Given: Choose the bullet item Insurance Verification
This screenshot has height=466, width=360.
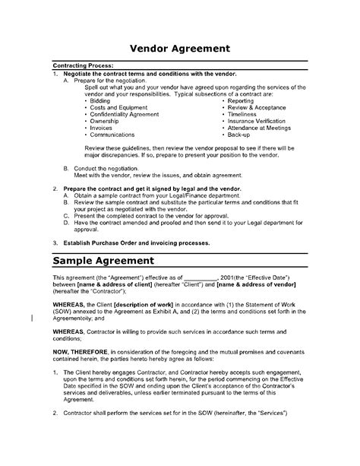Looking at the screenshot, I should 256,121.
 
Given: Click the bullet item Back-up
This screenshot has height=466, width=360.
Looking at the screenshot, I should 238,135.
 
